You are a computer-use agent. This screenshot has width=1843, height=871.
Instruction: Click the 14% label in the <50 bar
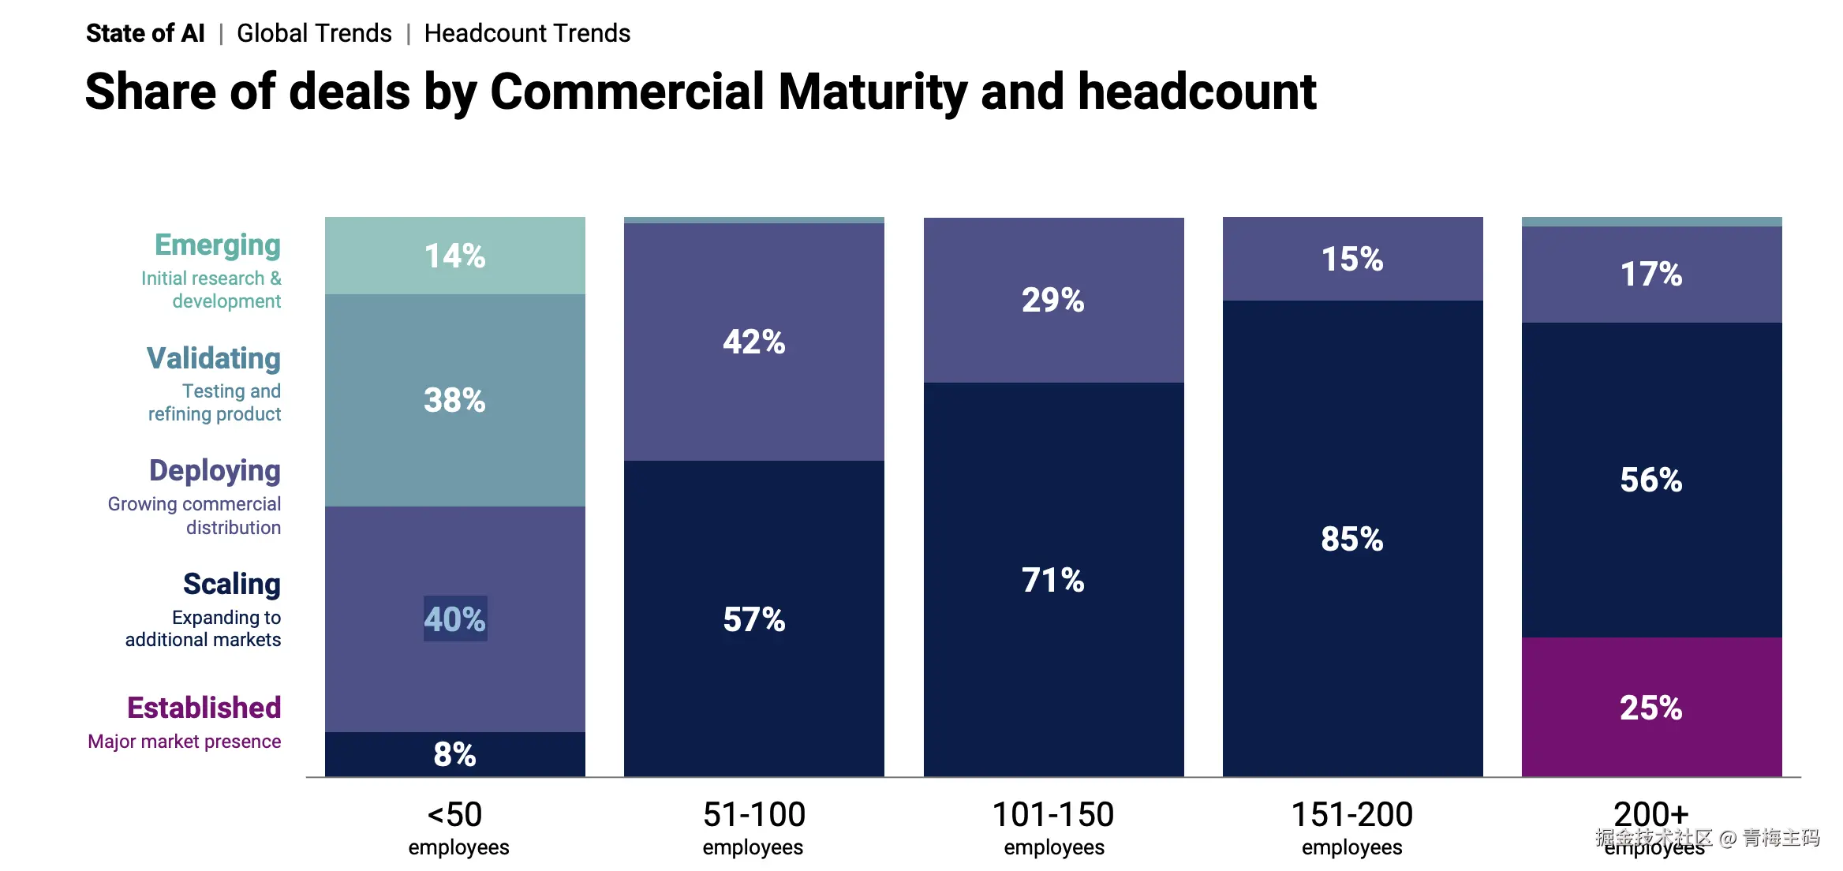454,256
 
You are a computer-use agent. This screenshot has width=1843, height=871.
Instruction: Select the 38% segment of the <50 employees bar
454,400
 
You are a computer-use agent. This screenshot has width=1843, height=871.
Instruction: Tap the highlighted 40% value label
454,619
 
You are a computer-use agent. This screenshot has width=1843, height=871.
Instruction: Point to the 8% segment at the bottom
454,755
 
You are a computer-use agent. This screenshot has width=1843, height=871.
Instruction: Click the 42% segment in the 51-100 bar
753,342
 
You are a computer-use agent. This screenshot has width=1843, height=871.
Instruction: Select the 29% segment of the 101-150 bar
1052,301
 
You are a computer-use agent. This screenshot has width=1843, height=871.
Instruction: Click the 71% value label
1052,581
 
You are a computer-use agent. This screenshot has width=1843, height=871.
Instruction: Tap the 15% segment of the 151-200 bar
1351,260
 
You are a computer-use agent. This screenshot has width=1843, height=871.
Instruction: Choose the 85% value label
1351,540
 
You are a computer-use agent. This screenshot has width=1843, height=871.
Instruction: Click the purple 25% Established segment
1650,708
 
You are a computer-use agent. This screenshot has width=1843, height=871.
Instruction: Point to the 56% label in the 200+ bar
1650,480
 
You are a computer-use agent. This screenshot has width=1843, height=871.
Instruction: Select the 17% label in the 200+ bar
1650,275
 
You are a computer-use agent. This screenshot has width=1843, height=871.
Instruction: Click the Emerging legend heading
217,245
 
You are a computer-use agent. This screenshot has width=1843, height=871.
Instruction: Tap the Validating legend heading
213,358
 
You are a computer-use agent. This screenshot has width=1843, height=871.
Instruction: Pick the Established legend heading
204,708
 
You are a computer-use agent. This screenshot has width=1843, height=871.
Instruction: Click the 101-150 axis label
1052,815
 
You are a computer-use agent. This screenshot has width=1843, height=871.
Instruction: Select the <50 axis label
454,815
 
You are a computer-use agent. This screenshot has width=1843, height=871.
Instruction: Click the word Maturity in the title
872,92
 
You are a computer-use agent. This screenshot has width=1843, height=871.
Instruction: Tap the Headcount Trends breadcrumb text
527,33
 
